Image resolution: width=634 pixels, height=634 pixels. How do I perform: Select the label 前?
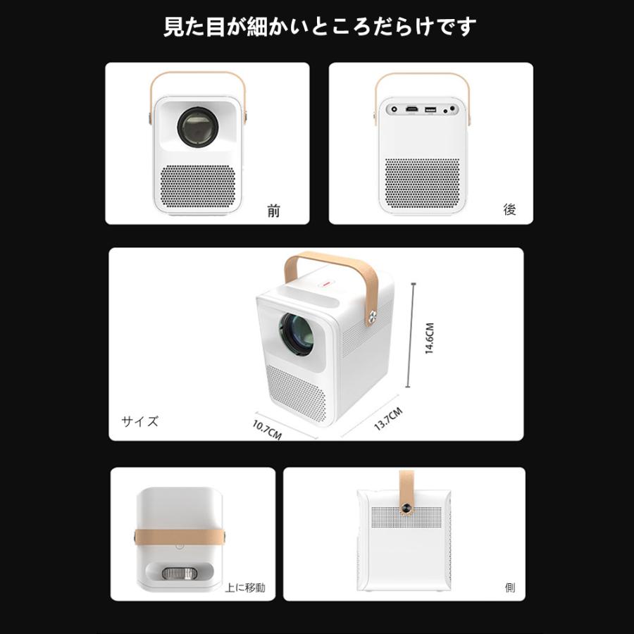click(273, 211)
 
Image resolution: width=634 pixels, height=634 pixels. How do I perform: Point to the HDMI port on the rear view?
click(411, 109)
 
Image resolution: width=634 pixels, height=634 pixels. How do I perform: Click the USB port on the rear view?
click(430, 109)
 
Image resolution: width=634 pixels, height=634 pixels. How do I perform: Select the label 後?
click(509, 210)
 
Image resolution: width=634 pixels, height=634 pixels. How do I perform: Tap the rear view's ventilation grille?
click(422, 182)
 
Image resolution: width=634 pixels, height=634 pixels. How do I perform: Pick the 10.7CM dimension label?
click(267, 429)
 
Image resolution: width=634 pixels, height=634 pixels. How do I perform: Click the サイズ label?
click(140, 422)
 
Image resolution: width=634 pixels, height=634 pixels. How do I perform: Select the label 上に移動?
click(245, 588)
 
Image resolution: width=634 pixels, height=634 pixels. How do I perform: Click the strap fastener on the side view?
click(407, 508)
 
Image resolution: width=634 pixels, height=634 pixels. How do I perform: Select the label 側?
click(509, 588)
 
